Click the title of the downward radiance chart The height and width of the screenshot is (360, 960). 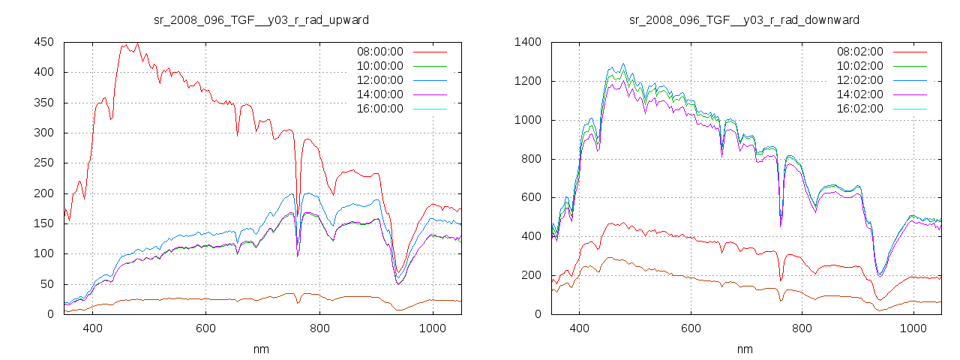744,19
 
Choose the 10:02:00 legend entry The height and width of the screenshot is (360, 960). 859,66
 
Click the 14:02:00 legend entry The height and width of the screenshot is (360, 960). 859,94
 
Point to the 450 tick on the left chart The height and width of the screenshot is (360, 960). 43,42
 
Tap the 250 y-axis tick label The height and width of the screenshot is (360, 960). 43,163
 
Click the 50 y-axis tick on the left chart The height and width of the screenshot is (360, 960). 46,284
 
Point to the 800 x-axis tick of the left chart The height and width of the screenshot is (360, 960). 319,328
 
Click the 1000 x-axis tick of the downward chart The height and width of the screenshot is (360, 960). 913,328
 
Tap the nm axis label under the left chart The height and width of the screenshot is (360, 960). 262,349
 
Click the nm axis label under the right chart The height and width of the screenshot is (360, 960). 744,349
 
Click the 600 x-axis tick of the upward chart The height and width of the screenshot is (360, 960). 206,328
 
